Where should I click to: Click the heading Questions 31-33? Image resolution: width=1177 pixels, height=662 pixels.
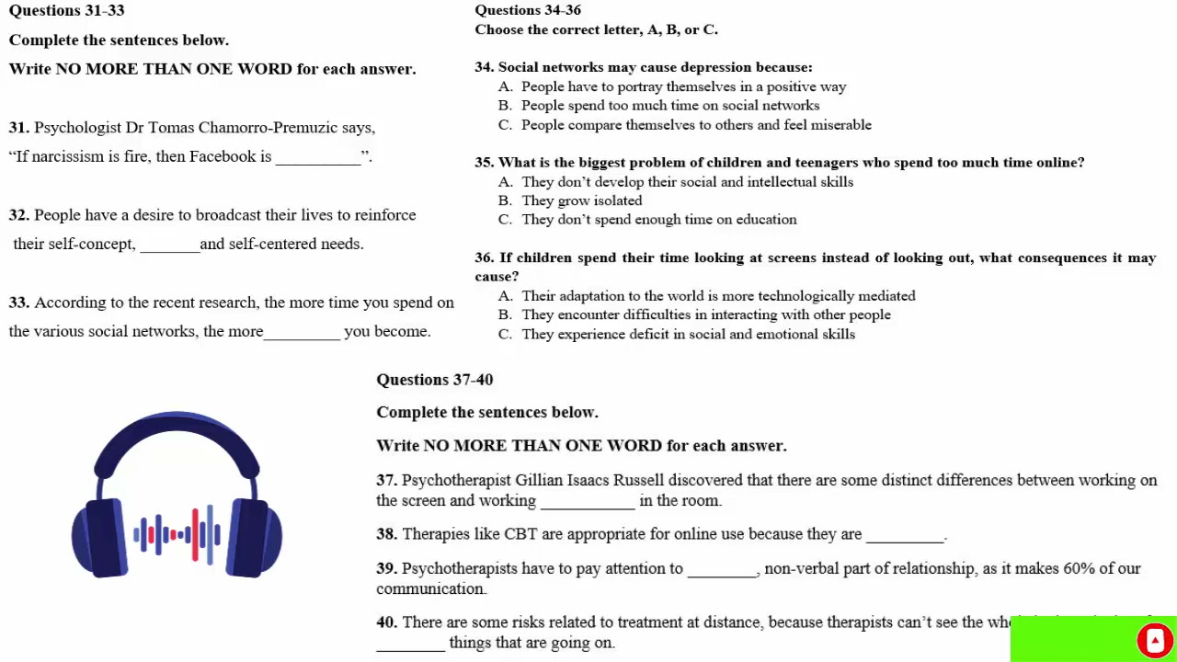pos(66,11)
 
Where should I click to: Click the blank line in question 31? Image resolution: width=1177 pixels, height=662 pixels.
pos(318,158)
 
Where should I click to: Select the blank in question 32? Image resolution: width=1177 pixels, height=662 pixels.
pos(169,245)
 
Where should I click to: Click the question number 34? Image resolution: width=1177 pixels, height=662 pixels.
pos(484,67)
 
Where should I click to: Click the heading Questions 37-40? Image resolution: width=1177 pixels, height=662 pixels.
pos(434,380)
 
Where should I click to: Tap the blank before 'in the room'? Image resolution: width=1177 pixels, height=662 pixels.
pos(588,502)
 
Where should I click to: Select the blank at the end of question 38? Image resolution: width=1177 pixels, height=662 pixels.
pos(905,536)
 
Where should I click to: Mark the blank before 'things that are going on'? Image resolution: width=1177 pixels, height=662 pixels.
pos(410,645)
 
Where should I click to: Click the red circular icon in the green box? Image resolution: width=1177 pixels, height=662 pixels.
pos(1154,640)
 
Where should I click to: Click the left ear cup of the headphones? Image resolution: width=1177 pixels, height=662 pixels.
pos(104,538)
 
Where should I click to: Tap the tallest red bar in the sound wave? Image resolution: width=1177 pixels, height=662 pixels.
pos(195,534)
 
